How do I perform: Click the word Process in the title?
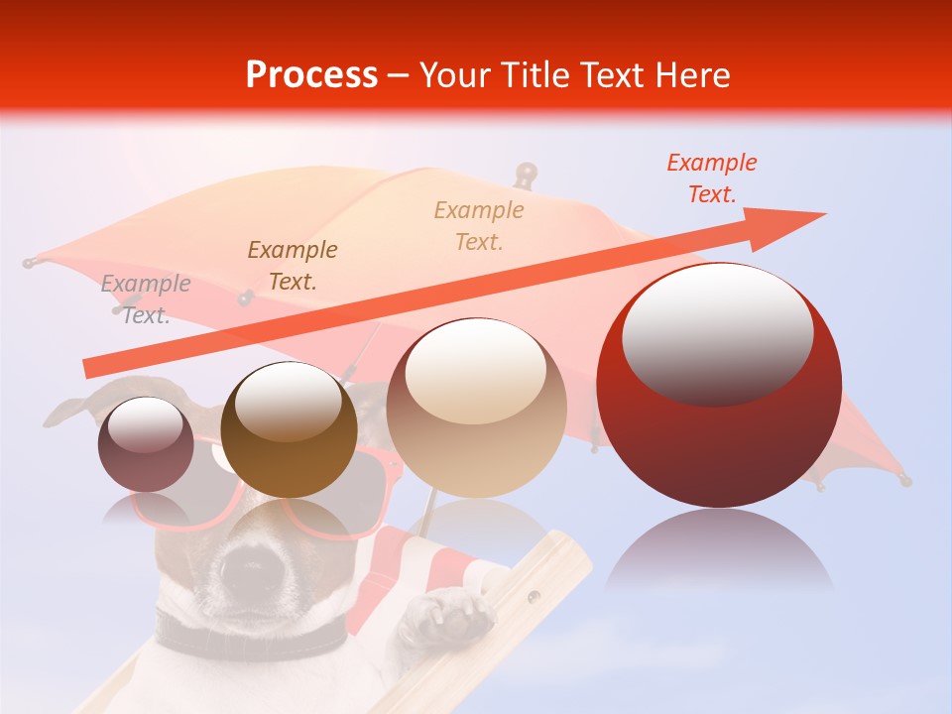point(311,74)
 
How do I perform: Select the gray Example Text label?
point(146,298)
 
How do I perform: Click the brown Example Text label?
point(293,265)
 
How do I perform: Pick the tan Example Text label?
point(479,225)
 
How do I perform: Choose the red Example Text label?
point(712,178)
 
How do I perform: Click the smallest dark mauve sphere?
point(146,444)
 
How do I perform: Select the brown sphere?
point(289,429)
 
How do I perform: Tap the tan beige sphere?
point(476,408)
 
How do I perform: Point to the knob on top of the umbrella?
point(526,174)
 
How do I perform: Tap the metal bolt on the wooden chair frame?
point(535,596)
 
